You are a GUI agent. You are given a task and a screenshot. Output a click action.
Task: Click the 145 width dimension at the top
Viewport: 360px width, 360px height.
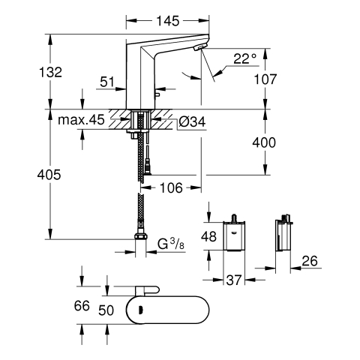[168, 21]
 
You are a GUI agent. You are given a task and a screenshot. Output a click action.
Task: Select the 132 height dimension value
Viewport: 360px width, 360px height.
[50, 72]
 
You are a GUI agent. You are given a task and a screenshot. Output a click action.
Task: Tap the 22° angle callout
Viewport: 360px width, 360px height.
[245, 59]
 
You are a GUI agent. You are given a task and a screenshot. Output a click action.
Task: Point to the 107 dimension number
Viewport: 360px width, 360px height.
[265, 79]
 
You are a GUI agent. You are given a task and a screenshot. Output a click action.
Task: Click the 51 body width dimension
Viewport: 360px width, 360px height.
[107, 82]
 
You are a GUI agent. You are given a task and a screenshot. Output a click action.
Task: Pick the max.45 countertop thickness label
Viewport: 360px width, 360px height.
[81, 120]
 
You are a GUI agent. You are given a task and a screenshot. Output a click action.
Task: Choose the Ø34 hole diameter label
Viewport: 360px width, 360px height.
[192, 122]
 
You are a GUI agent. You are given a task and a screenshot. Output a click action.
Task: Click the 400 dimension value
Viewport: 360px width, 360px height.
[264, 142]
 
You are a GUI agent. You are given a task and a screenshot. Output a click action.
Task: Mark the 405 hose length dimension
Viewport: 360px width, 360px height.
[49, 175]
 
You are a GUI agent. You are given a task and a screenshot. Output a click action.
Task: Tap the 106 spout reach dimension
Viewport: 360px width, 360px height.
[171, 187]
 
